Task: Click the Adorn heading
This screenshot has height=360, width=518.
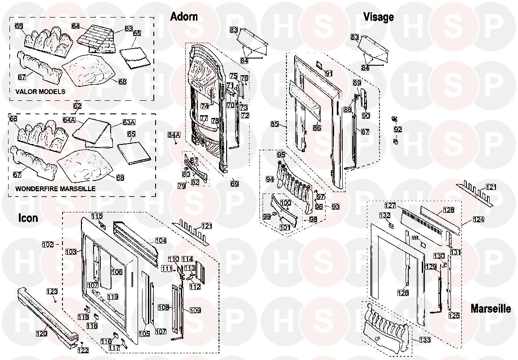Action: tap(183, 17)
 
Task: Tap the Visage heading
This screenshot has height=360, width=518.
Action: tap(378, 17)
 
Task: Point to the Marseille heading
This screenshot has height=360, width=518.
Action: tap(491, 309)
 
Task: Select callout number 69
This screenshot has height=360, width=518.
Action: tap(235, 184)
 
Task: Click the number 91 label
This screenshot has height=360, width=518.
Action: tap(328, 73)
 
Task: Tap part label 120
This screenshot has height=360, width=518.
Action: tap(41, 334)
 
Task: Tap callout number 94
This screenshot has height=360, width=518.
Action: tap(270, 179)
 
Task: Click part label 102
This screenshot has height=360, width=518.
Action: tap(48, 245)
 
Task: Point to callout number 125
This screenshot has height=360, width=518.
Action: tap(454, 316)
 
